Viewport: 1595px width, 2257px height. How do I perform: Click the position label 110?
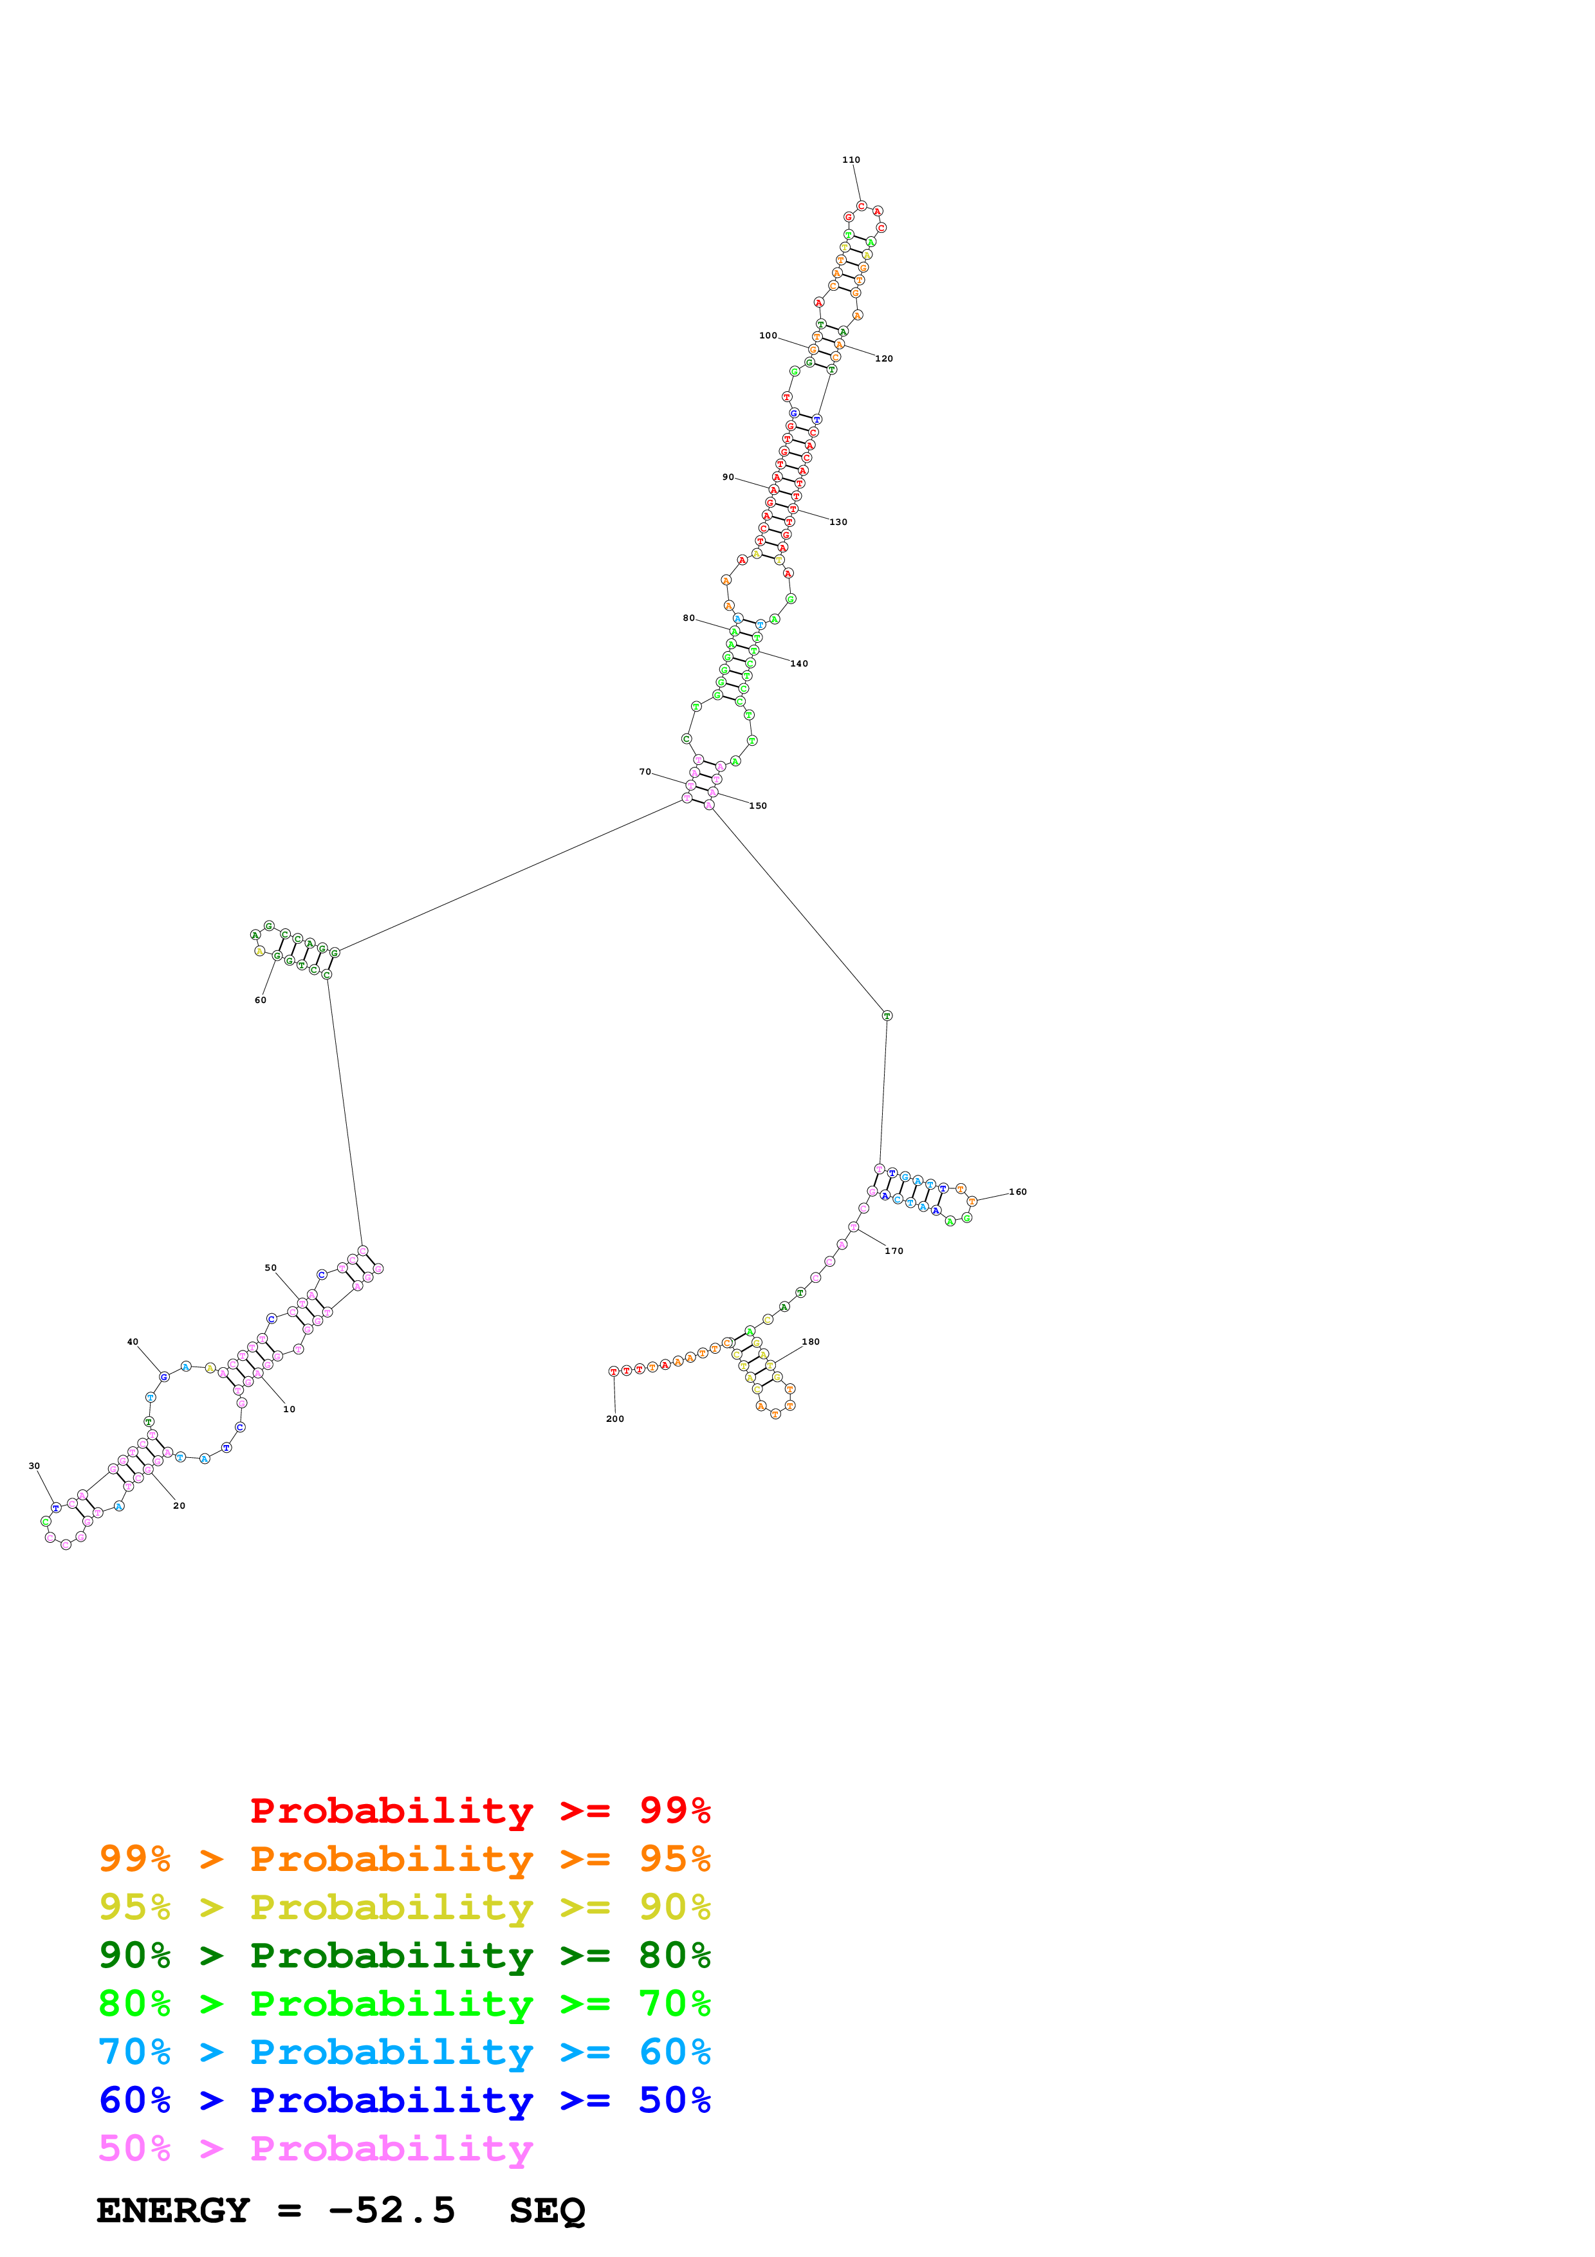(x=851, y=160)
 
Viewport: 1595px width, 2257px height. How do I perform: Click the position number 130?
(x=838, y=522)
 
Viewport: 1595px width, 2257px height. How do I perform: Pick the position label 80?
(x=689, y=618)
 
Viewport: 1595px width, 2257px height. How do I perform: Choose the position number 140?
(x=800, y=663)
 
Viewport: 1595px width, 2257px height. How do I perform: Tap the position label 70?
(x=645, y=771)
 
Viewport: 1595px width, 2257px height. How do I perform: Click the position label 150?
(x=758, y=806)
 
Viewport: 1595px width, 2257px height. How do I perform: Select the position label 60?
(x=261, y=1000)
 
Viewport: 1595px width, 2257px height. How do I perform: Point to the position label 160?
(x=1018, y=1192)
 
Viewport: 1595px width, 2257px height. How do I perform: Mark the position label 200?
(x=615, y=1419)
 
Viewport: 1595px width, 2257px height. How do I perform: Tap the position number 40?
(x=133, y=1342)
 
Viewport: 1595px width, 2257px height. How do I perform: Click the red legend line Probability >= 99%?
(x=479, y=1810)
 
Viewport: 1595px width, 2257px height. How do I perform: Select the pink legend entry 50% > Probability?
(x=315, y=2149)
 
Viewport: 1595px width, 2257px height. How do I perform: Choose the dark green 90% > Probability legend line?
(x=405, y=1955)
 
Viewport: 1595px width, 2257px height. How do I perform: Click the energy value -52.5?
(x=391, y=2211)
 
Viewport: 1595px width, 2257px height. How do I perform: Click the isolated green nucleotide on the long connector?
(x=887, y=1015)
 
